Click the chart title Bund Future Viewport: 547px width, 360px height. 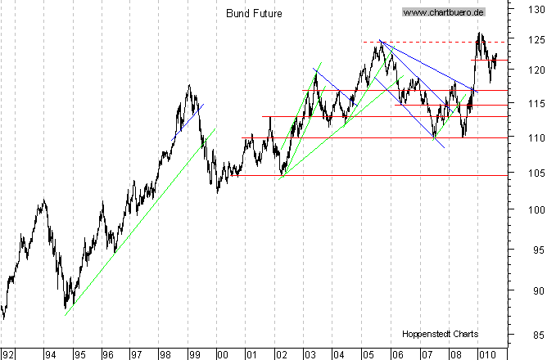(x=251, y=13)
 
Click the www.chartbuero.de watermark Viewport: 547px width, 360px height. (x=444, y=12)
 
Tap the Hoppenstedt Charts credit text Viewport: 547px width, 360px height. (x=440, y=334)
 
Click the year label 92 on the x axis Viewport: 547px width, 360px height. (x=9, y=353)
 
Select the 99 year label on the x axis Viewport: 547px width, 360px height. (x=194, y=353)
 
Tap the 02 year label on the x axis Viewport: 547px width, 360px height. (x=281, y=353)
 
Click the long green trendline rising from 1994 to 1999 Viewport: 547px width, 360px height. (x=139, y=221)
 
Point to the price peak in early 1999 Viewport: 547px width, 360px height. (x=189, y=85)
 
